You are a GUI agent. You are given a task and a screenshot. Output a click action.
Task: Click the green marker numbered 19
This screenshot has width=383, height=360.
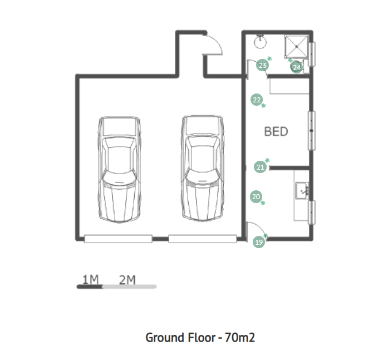click(x=259, y=242)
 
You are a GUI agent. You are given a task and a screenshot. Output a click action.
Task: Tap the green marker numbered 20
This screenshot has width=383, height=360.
click(x=256, y=197)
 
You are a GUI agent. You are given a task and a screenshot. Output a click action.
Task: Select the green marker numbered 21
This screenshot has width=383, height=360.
click(x=260, y=167)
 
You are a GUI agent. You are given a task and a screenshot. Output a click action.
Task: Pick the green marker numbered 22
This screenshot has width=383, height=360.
click(x=257, y=100)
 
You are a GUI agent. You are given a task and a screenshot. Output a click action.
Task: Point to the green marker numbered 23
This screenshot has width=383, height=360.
click(x=262, y=66)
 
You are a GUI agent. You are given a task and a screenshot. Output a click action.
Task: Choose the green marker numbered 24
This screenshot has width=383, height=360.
click(x=297, y=67)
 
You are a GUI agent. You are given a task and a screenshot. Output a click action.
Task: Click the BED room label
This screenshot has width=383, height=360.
click(x=276, y=131)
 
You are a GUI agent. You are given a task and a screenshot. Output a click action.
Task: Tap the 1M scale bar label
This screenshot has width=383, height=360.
click(x=90, y=280)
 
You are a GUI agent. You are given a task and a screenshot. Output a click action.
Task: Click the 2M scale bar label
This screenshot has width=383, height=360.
click(x=127, y=280)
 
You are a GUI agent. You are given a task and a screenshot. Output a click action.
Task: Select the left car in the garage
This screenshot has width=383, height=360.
click(x=119, y=170)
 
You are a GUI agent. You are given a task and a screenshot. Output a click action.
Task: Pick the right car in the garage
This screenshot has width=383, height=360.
click(x=202, y=169)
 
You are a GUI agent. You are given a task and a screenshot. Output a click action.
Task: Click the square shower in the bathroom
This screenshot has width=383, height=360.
click(x=297, y=46)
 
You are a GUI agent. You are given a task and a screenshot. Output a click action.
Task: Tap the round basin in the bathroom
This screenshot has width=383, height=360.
click(x=261, y=42)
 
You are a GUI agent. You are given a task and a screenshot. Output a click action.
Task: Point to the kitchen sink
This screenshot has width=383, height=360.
click(x=302, y=190)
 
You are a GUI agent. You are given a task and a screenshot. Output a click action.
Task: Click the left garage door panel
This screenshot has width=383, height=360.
click(x=118, y=239)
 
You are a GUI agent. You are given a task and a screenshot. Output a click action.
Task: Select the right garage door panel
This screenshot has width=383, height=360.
click(x=203, y=239)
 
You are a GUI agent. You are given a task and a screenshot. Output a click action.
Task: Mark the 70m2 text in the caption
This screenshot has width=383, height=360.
click(x=239, y=338)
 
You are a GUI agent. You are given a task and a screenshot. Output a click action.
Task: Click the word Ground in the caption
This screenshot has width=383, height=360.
click(x=165, y=338)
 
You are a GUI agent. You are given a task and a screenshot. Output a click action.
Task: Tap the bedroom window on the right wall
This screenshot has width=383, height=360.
click(x=311, y=131)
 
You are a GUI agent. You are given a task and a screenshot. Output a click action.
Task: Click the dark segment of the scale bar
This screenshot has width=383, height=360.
click(x=90, y=287)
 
